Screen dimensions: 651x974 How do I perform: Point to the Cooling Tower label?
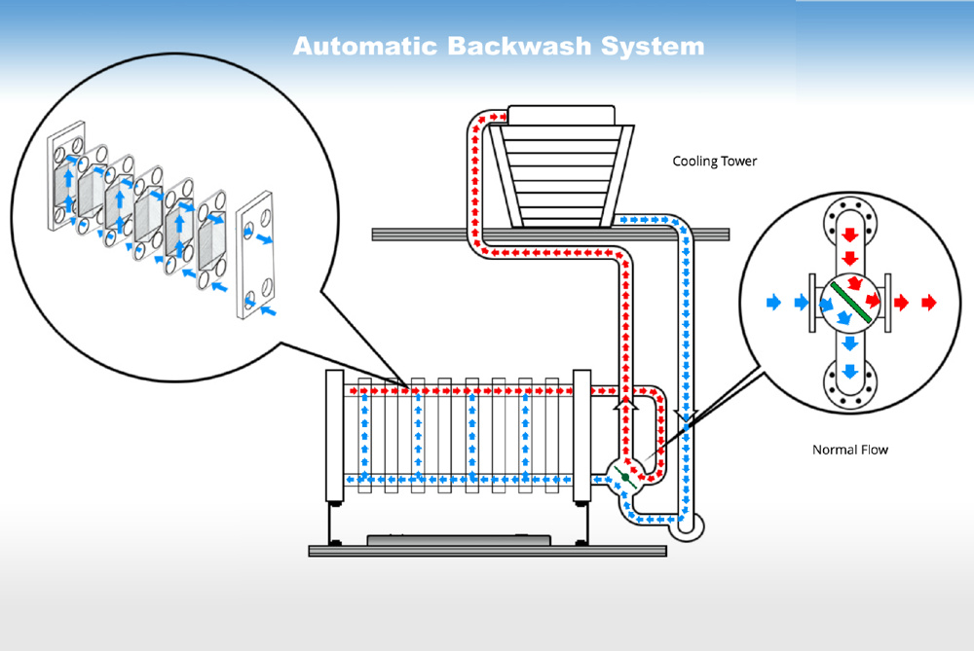click(x=714, y=161)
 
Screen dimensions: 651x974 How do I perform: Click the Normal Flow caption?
click(x=849, y=450)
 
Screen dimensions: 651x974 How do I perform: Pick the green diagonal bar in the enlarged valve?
click(x=849, y=304)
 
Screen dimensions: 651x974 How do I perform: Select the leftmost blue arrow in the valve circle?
click(x=773, y=303)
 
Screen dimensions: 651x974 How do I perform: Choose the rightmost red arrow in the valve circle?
click(x=928, y=303)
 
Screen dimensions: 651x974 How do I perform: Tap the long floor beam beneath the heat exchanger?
click(x=487, y=551)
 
